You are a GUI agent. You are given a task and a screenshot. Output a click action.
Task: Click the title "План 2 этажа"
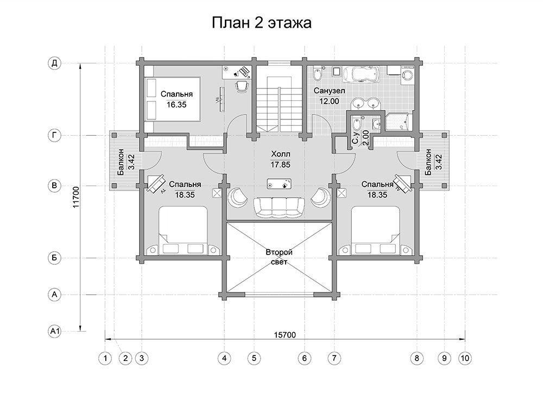(x=262, y=23)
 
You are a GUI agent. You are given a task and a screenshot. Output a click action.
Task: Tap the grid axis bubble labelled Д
(x=54, y=63)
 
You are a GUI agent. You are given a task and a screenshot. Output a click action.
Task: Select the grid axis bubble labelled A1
(x=54, y=332)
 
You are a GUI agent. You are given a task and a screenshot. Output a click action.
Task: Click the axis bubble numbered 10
(x=465, y=358)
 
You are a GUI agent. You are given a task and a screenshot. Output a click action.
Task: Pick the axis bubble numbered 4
(x=224, y=358)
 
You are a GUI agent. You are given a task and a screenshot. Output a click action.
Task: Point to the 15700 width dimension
(x=285, y=335)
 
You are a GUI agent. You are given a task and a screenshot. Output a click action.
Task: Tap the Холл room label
(x=281, y=154)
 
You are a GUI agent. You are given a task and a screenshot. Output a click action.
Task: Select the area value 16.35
(x=176, y=105)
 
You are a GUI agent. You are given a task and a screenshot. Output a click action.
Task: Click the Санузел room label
(x=330, y=91)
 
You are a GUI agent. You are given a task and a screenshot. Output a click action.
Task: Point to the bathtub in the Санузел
(x=361, y=74)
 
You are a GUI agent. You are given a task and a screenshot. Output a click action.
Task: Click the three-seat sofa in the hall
(x=280, y=207)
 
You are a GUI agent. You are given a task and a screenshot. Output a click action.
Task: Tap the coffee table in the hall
(x=279, y=184)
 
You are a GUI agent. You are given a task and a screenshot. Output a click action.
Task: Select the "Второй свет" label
(x=279, y=257)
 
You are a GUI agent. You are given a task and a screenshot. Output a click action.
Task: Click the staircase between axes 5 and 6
(x=279, y=104)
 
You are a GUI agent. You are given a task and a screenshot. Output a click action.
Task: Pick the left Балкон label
(x=121, y=162)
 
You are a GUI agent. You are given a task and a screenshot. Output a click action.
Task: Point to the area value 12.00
(x=329, y=101)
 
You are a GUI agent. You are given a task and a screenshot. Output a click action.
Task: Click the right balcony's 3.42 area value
(x=438, y=162)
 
